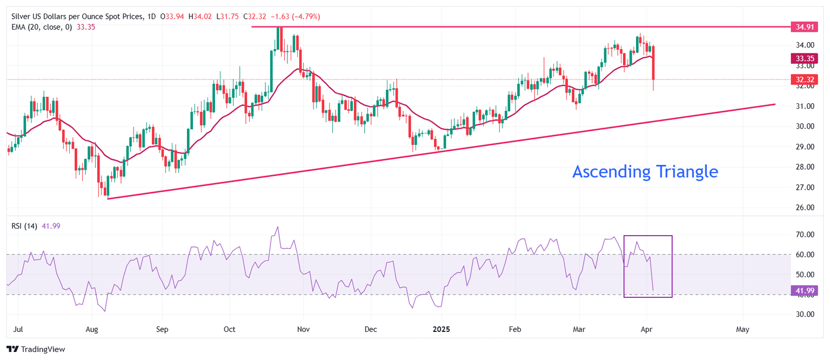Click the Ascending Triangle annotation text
pos(645,172)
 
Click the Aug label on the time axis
pos(91,329)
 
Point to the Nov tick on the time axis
pos(303,329)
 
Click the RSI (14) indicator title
pos(24,226)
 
